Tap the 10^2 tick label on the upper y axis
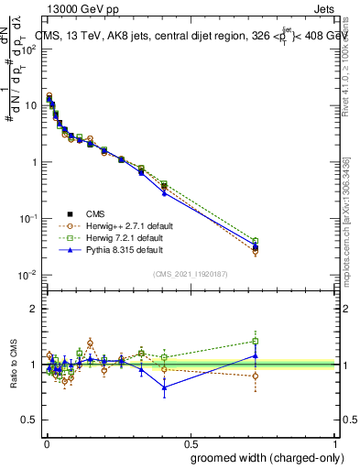[29, 48]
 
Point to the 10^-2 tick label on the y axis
[28, 275]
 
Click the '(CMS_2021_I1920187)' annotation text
[191, 274]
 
